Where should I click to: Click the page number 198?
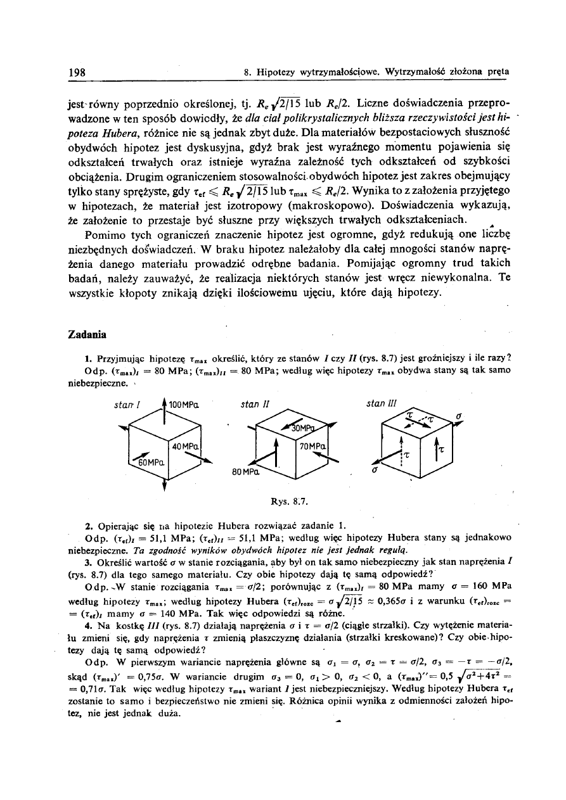[77, 71]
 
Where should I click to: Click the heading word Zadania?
[87, 333]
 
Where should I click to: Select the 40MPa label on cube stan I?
[186, 447]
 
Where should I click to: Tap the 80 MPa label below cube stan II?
[244, 473]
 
